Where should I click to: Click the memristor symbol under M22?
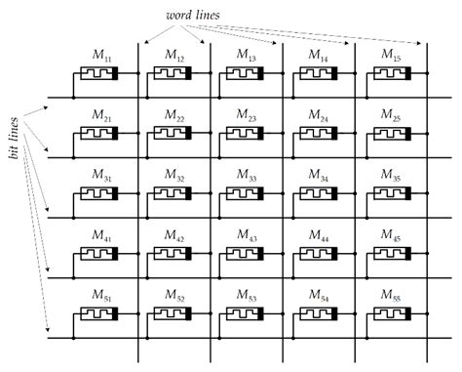point(172,134)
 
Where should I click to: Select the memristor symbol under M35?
point(388,194)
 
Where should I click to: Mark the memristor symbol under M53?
point(244,314)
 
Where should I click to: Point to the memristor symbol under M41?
point(99,254)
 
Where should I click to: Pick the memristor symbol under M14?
point(316,72)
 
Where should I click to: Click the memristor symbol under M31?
point(99,194)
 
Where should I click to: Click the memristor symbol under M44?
point(316,254)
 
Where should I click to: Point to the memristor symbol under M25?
point(388,134)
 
